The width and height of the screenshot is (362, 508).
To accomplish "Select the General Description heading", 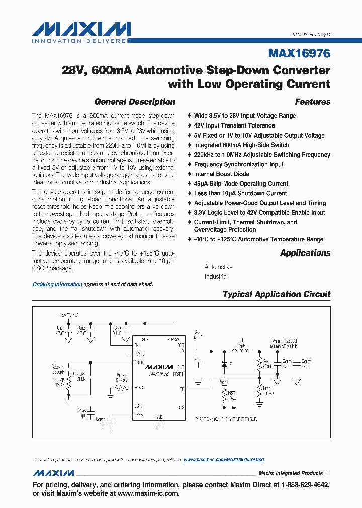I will tap(135, 102).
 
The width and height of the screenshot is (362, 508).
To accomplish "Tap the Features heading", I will tap(312, 102).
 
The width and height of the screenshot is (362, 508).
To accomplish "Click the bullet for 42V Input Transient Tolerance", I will tap(189, 126).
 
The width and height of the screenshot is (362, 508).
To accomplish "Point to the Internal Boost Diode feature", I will tap(221, 174).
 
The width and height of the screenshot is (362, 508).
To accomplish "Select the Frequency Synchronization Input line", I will tap(238, 164).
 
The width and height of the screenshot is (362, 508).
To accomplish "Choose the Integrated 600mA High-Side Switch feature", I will tap(241, 145).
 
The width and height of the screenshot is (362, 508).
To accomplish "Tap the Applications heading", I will tap(305, 253).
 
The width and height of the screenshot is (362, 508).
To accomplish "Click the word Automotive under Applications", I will tap(218, 267).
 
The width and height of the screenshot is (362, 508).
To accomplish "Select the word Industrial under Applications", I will tap(216, 277).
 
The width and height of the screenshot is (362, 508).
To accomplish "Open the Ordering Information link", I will tap(57, 284).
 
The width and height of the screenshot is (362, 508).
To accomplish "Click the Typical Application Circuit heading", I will tap(276, 294).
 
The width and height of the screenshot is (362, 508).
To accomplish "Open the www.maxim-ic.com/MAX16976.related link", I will tap(224, 460).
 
